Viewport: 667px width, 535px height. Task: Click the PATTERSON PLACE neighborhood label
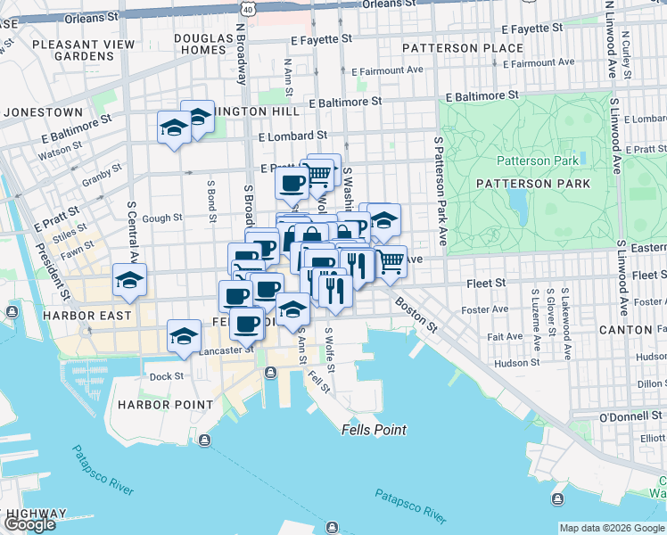tap(462, 47)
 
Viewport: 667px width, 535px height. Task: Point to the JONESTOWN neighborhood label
tap(43, 112)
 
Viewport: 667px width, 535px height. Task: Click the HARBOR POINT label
tap(165, 404)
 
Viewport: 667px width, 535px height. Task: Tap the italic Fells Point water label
tap(374, 430)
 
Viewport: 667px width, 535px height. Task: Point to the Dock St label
tap(166, 376)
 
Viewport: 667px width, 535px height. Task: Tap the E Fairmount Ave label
tap(388, 70)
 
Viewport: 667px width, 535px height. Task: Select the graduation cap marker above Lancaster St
tap(185, 336)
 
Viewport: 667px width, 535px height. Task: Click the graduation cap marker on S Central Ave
tap(130, 281)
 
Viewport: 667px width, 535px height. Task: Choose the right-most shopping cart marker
tap(391, 261)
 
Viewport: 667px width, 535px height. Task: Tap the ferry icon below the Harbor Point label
tap(205, 440)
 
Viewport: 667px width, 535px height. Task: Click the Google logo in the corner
tap(29, 524)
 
